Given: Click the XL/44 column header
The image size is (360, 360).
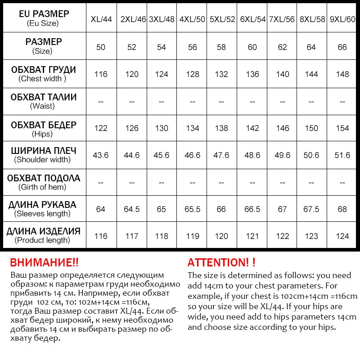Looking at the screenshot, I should click(101, 19).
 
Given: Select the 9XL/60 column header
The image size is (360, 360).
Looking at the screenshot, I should click(342, 19).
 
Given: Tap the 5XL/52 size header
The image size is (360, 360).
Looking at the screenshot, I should click(222, 19).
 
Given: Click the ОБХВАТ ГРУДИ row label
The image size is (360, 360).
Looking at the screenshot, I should click(44, 74).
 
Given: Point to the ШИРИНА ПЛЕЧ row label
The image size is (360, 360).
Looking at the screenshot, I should click(44, 155).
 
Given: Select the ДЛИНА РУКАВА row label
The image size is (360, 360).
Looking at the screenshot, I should click(44, 209).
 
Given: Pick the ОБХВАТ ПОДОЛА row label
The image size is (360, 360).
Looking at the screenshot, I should click(44, 182).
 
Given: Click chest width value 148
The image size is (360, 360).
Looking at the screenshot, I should click(342, 74).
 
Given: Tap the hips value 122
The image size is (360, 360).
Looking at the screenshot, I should click(101, 128).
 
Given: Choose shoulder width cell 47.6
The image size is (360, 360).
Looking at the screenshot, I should click(221, 155).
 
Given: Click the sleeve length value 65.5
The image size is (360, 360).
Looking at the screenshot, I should click(192, 209).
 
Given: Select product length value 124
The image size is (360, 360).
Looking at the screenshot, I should click(342, 236).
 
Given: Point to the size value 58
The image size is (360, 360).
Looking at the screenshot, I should click(221, 47).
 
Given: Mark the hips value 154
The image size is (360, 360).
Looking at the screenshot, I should click(342, 128).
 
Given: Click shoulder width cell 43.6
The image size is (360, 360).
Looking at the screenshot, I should click(101, 155).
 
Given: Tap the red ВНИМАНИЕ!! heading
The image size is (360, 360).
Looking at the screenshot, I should click(44, 263).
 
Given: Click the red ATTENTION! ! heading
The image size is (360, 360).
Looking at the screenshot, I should click(221, 263).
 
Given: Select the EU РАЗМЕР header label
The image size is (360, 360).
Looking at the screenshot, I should click(44, 18).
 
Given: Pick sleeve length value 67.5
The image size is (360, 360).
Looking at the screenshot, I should click(311, 209).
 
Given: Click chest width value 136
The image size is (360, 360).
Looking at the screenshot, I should click(252, 74).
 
